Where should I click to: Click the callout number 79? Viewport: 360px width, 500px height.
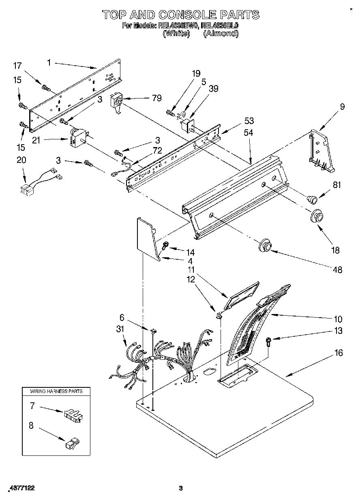pos(156,98)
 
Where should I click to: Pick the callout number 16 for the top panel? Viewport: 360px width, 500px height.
pos(339,353)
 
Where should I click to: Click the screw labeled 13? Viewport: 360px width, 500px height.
pos(268,341)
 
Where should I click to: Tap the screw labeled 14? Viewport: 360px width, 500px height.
pos(165,246)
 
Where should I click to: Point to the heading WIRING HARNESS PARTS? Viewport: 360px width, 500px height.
pos(56,391)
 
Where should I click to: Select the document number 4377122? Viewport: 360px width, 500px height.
pos(21,489)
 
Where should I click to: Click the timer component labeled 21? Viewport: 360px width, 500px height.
pos(79,137)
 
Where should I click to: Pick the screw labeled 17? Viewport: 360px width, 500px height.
pos(45,86)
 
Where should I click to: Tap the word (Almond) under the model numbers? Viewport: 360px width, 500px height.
pos(220,34)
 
